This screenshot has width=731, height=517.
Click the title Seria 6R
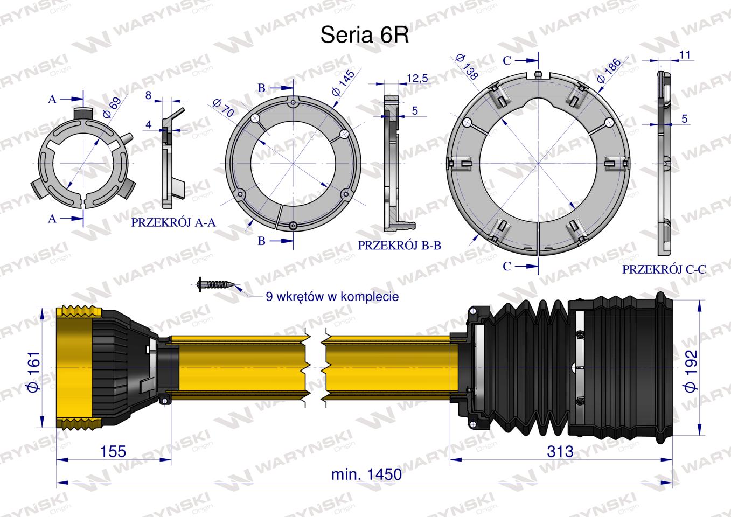coord(365,35)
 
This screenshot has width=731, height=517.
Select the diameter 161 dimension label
coord(34,371)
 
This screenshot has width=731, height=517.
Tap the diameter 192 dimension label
coord(690,371)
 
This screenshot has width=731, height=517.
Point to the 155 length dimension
coord(113,451)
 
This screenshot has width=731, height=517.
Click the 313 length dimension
coord(560,451)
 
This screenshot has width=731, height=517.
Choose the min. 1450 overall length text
coord(366,474)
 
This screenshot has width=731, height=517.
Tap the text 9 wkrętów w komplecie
coord(332,297)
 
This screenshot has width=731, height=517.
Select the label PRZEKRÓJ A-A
coord(173,222)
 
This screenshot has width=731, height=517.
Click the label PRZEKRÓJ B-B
coord(400,245)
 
